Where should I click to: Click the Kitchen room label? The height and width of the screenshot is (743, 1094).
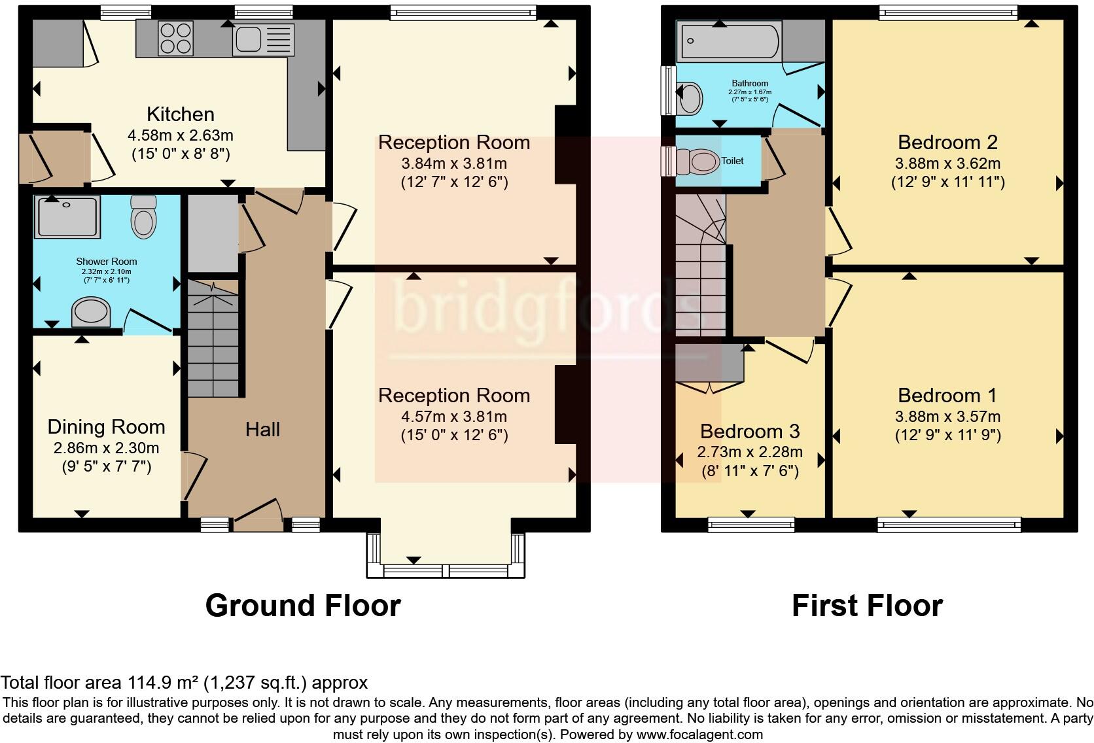point(181,114)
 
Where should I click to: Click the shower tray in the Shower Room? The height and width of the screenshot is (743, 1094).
point(69,217)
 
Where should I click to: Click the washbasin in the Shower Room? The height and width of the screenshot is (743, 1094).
point(91,312)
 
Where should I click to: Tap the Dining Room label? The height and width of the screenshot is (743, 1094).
point(106,427)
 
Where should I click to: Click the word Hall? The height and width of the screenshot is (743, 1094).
point(262,430)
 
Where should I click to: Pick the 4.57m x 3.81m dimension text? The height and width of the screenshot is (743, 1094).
point(454,417)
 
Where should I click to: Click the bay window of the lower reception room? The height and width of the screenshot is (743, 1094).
point(446,570)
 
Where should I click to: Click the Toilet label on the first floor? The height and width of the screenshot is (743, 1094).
point(732,161)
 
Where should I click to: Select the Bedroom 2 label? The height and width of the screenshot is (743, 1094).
point(947,142)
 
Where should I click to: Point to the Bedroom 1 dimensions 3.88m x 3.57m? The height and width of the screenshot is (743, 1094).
point(947,417)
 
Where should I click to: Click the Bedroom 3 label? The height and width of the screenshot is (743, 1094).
point(750,432)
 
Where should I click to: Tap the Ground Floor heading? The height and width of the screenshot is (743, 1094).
point(303,606)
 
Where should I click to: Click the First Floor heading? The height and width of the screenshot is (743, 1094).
point(867,606)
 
